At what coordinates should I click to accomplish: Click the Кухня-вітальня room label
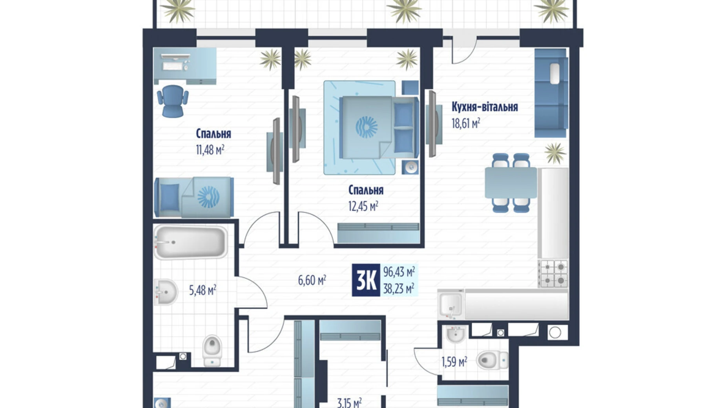point(484,107)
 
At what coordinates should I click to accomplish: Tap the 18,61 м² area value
point(466,124)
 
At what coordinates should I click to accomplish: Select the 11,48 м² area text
point(210,149)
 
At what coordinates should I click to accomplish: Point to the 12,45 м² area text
point(363,206)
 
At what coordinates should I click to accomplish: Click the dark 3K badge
point(366,280)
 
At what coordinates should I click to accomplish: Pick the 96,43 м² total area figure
point(399,271)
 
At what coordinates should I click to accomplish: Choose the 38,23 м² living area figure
point(399,289)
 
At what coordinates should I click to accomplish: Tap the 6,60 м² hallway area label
point(312,280)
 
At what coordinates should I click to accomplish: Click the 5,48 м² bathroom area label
point(202,290)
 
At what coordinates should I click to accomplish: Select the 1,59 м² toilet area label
point(454,362)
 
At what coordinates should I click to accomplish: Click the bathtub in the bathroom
point(190,242)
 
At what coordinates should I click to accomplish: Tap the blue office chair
point(173,100)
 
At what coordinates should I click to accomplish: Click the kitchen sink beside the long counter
point(451,304)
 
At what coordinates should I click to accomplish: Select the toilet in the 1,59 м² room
point(492,360)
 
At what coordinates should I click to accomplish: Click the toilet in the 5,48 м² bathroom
point(212,350)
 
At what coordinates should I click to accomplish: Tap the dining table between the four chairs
point(511,183)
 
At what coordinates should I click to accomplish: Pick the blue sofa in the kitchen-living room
point(551,93)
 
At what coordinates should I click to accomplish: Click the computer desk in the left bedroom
point(184,66)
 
